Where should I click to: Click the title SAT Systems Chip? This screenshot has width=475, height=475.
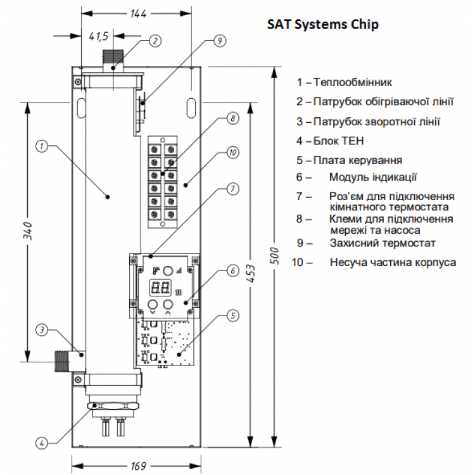(x=322, y=24)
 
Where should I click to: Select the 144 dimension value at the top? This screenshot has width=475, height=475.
(x=138, y=14)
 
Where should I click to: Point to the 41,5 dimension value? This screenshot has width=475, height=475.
(x=98, y=36)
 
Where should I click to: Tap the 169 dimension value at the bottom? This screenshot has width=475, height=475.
(x=139, y=466)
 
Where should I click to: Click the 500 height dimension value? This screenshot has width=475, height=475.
(x=274, y=255)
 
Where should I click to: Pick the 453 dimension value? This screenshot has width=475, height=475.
(x=251, y=274)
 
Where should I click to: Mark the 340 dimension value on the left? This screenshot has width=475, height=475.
(x=28, y=231)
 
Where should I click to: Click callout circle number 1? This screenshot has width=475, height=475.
(x=42, y=146)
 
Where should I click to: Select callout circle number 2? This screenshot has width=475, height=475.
(x=155, y=41)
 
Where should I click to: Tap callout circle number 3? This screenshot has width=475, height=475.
(x=42, y=329)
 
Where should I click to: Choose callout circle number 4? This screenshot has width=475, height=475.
(x=42, y=443)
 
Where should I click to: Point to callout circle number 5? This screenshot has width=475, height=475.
(x=232, y=315)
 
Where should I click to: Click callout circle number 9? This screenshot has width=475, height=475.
(x=220, y=41)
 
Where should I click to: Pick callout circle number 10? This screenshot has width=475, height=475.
(x=232, y=153)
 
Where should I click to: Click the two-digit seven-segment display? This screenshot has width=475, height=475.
(x=161, y=287)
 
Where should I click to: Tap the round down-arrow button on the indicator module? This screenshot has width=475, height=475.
(x=153, y=304)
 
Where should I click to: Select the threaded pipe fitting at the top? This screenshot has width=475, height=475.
(x=113, y=61)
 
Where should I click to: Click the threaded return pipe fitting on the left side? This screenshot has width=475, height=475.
(x=63, y=361)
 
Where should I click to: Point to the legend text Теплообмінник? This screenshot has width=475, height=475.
(x=353, y=82)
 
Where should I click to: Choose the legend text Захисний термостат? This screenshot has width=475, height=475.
(x=383, y=243)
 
